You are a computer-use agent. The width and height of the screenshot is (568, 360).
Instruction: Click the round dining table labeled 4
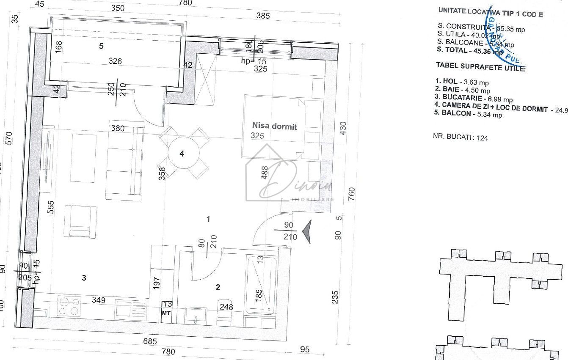pyautogui.click(x=182, y=154)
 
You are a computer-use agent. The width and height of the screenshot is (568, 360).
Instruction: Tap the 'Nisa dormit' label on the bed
pyautogui.click(x=275, y=126)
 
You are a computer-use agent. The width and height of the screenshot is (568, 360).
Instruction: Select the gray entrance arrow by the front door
pyautogui.click(x=308, y=232)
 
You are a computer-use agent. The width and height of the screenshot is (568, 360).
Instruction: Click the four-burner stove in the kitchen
pyautogui.click(x=69, y=306)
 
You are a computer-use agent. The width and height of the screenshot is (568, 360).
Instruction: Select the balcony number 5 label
pyautogui.click(x=101, y=46)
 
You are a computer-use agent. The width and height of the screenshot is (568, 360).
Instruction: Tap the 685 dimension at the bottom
pyautogui.click(x=149, y=341)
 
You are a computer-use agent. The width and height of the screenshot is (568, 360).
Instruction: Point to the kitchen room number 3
pyautogui.click(x=84, y=278)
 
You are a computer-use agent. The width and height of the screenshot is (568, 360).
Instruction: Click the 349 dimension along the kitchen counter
pyautogui.click(x=99, y=300)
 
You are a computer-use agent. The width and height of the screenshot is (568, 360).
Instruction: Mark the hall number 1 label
pyautogui.click(x=208, y=219)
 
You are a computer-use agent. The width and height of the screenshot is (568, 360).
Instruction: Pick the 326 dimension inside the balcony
pyautogui.click(x=115, y=61)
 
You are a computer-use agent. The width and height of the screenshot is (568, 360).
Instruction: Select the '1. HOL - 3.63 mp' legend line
pyautogui.click(x=462, y=82)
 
